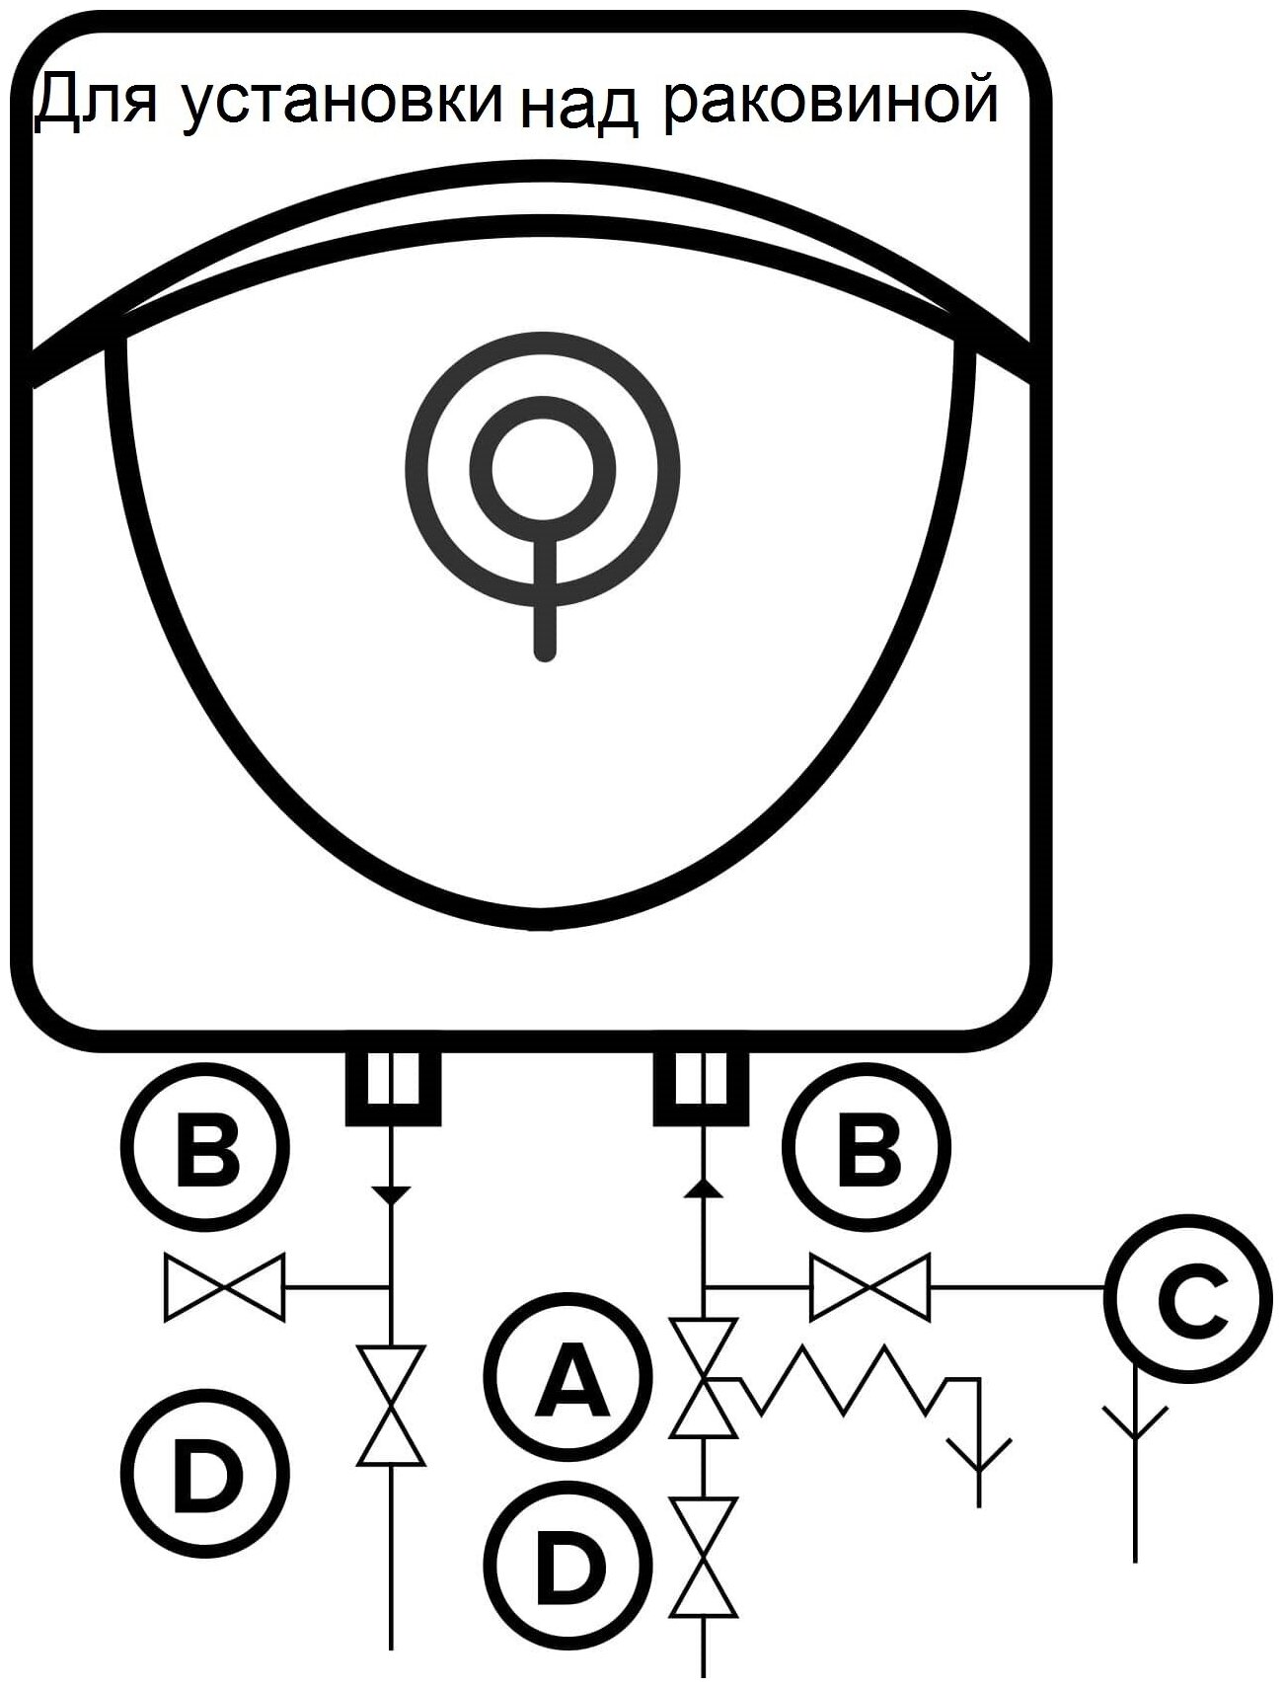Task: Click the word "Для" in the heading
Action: pos(95,103)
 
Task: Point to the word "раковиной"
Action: pos(829,103)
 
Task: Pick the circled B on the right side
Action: pos(868,1147)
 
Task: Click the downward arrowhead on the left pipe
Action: pos(392,1195)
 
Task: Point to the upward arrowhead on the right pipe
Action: pos(703,1189)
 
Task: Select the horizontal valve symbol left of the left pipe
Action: pos(224,1286)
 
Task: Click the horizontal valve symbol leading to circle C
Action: pos(869,1286)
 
